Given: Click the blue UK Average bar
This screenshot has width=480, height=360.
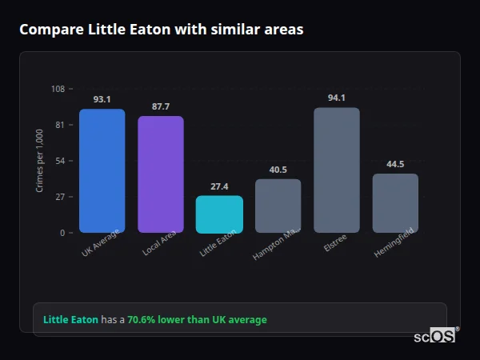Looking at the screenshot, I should (102, 171).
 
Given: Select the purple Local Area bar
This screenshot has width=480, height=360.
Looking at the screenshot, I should (160, 174).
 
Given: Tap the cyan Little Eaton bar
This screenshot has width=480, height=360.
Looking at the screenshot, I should (219, 214).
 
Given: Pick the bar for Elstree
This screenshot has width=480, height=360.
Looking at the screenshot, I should (336, 170).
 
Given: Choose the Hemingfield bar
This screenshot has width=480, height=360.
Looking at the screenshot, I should (395, 203).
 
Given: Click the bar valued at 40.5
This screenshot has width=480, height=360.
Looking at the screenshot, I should (278, 206).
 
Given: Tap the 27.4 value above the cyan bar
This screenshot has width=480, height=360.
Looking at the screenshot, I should (219, 186).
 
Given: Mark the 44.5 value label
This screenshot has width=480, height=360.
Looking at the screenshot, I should (395, 164).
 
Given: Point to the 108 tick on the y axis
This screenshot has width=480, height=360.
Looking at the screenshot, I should (58, 89).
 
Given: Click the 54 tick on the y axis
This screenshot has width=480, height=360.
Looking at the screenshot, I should (60, 161).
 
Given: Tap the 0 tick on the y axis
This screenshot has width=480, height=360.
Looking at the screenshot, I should (62, 233).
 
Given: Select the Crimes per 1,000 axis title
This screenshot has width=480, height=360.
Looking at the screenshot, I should (40, 161).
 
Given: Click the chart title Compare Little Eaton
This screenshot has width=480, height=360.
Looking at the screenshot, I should (161, 30).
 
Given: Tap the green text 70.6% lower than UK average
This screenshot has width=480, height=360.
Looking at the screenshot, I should (197, 320).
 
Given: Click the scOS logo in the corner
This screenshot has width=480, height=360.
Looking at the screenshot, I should (435, 336).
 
